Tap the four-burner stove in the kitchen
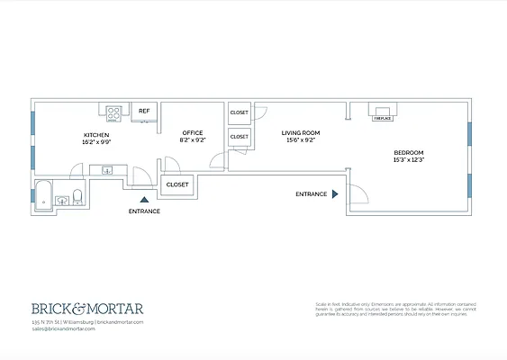[x=115, y=112]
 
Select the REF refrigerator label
[x=143, y=112]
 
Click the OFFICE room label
[x=192, y=133]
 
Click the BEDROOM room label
[x=409, y=153]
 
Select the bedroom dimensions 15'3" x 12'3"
[x=409, y=161]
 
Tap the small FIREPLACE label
[x=382, y=117]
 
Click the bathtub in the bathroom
[x=43, y=193]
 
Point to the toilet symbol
[x=78, y=196]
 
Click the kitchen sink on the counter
[x=107, y=168]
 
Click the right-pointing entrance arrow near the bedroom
[x=335, y=193]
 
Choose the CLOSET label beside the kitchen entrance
[x=177, y=184]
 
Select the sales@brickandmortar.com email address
[x=62, y=328]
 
